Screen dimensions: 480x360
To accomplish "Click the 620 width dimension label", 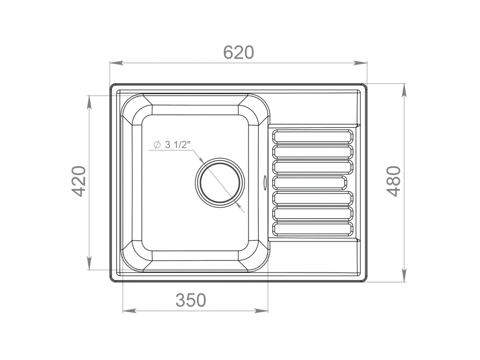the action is tap(239, 52).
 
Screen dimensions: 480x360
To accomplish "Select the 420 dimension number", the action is tap(78, 181).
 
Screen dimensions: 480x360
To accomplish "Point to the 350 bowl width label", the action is tap(191, 300).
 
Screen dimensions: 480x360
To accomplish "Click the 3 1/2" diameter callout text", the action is tap(178, 144).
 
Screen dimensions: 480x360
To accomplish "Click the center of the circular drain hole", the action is tap(220, 182).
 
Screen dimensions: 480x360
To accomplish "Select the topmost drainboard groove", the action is tap(313, 136).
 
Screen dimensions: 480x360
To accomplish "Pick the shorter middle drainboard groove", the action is tap(309, 182).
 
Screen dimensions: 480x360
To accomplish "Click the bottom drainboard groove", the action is tap(313, 229).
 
